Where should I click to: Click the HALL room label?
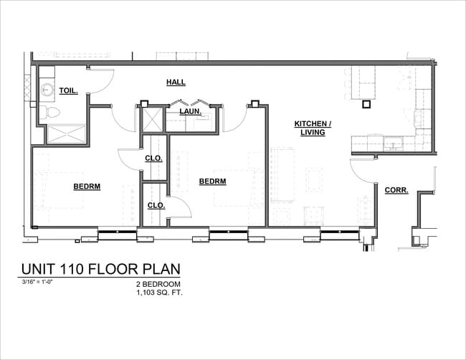pos(176,82)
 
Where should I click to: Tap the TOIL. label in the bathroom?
pos(68,91)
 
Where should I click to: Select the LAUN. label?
pos(189,112)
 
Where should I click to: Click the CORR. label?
pos(396,190)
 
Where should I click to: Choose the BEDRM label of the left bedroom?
pos(87,186)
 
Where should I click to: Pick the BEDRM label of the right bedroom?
pos(212,181)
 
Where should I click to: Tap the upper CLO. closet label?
pos(154,158)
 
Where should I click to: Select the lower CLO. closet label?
pos(156,205)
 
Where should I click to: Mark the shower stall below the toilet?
pos(62,134)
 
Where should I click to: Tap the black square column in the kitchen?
pos(366,104)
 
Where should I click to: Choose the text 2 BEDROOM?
pos(159,285)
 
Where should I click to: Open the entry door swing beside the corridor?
pos(362,172)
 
